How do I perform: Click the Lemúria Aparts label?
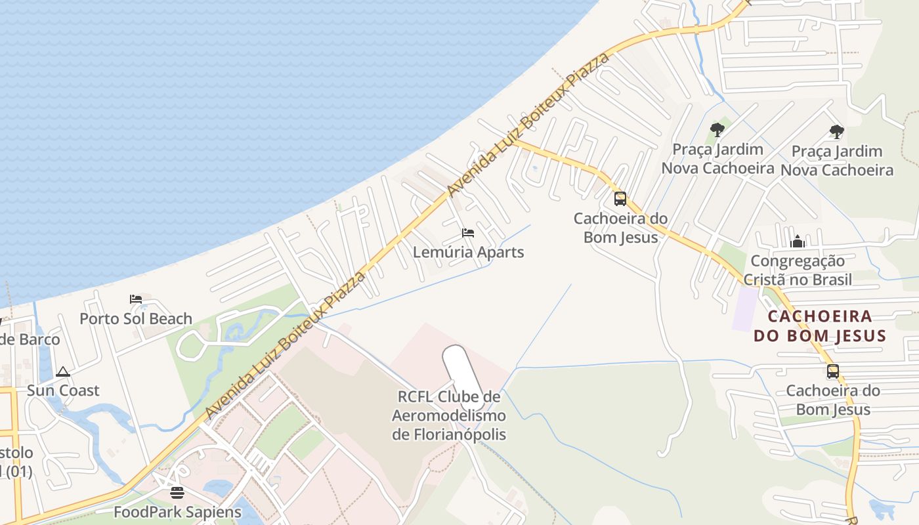[468, 252]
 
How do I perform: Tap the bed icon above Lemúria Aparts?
[468, 233]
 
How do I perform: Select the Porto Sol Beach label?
[136, 319]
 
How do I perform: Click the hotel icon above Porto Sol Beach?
[136, 299]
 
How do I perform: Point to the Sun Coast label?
[63, 390]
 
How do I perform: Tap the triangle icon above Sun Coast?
[63, 371]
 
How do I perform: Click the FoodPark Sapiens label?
[177, 512]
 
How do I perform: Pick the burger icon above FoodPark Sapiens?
[177, 492]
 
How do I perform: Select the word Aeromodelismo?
[449, 415]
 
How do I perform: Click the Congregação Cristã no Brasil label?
[798, 270]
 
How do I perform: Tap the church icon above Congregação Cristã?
[798, 242]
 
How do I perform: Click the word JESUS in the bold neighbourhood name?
[853, 336]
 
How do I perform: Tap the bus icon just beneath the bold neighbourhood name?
[833, 371]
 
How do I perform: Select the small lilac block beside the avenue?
[745, 308]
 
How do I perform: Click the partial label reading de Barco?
[30, 339]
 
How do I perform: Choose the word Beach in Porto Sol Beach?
[170, 319]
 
